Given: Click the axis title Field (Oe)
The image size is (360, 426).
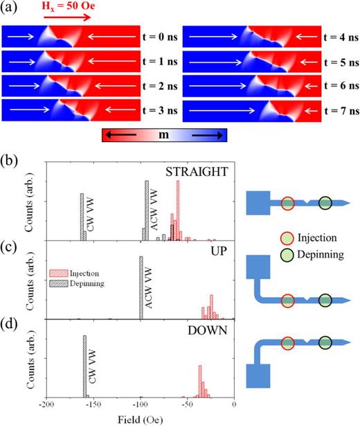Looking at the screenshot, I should (x=141, y=417).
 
